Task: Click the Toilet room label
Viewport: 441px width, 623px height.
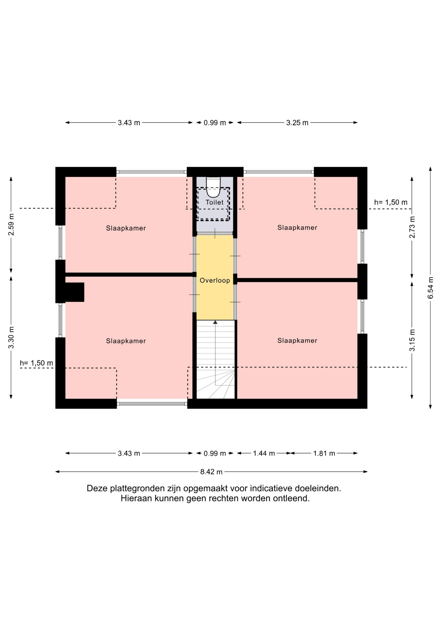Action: pos(215,202)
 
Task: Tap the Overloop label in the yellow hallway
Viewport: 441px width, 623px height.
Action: pos(215,280)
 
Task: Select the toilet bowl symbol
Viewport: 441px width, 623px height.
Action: pos(213,187)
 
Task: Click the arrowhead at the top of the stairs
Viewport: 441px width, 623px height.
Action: pos(215,322)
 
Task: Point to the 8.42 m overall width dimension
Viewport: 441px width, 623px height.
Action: pos(211,472)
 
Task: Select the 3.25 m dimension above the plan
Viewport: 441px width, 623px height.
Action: pos(297,123)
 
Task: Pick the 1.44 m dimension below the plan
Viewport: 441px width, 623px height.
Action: pos(264,453)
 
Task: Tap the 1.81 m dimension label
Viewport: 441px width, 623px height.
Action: pos(324,453)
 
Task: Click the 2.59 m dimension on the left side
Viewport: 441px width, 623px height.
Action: pos(11,225)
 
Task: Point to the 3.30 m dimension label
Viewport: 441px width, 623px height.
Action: pos(11,337)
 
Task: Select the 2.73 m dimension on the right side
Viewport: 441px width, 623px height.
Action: pos(412,227)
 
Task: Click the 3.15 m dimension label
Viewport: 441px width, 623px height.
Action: pos(412,340)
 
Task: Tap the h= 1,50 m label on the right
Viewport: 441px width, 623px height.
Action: pos(391,202)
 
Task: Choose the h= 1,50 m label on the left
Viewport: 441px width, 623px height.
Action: pos(36,363)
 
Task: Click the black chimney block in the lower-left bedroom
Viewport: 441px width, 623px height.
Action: pos(75,292)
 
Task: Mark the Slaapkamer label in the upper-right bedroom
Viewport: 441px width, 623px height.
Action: pos(297,228)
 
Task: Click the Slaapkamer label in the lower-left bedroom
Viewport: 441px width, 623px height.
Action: pos(126,341)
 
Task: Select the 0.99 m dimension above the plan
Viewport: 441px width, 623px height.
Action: pos(215,123)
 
